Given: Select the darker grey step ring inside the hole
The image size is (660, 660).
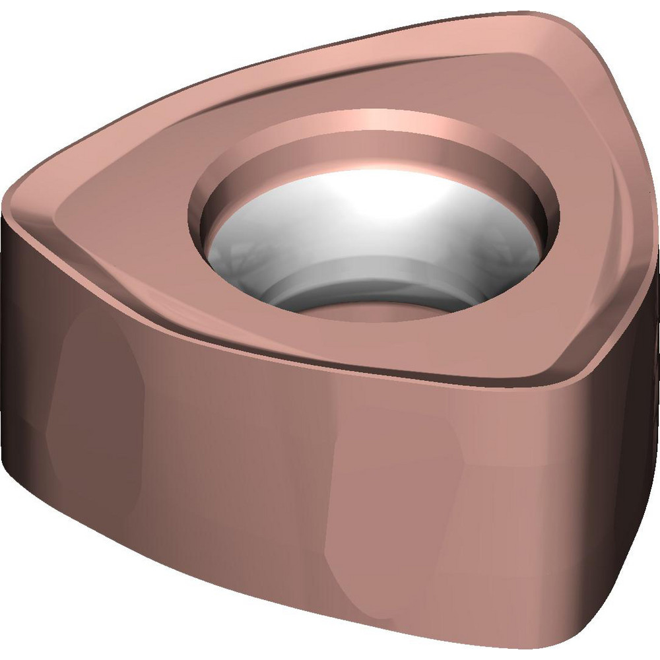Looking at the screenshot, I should (x=370, y=274).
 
